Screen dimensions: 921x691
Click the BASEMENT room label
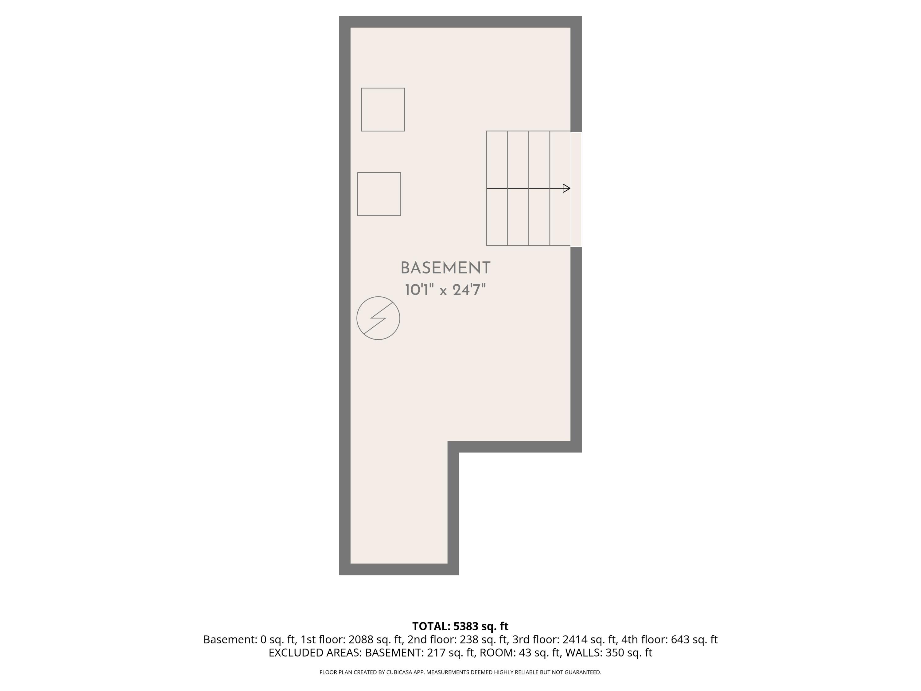[x=445, y=268]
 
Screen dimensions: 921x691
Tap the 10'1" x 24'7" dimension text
[x=445, y=290]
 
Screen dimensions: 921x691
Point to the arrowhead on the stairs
[x=566, y=188]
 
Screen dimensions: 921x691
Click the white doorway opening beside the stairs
[x=576, y=189]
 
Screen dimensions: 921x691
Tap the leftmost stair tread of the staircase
[x=497, y=188]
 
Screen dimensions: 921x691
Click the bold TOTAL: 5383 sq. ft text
[x=460, y=626]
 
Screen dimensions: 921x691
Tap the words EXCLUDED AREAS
[x=315, y=653]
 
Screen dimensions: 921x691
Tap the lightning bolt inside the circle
[x=378, y=318]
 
